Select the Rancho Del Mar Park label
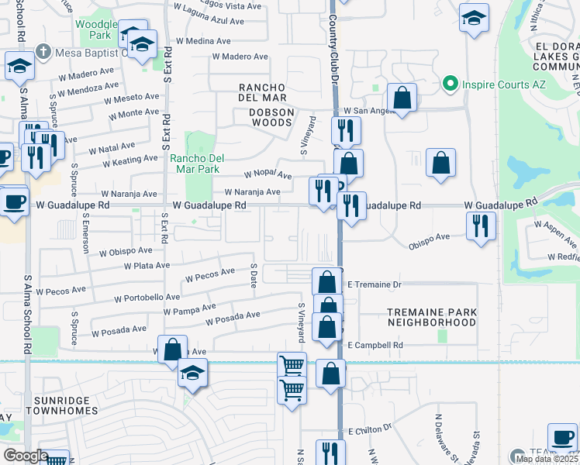pos(196,164)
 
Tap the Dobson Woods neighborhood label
pos(261,112)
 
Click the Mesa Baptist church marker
pos(44,53)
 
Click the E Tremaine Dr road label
pos(374,284)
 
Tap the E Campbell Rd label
pos(375,345)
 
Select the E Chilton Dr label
pos(371,429)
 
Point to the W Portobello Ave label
pos(147,297)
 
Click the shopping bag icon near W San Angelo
pos(402,98)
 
